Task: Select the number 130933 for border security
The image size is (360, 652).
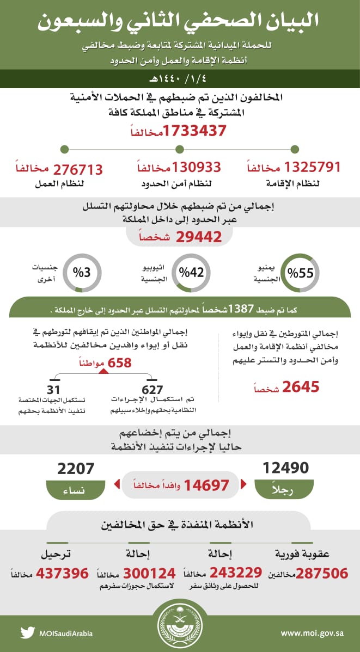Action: coord(197,167)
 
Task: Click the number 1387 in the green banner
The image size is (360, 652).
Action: coord(240,309)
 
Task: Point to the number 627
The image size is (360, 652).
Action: coord(152,390)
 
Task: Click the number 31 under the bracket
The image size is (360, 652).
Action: coord(53,390)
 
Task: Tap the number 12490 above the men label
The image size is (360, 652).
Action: coord(285,468)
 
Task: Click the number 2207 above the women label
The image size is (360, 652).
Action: coord(76,468)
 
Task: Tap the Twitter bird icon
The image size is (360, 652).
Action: coord(27,633)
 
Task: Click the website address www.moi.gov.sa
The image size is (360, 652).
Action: coord(312,633)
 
